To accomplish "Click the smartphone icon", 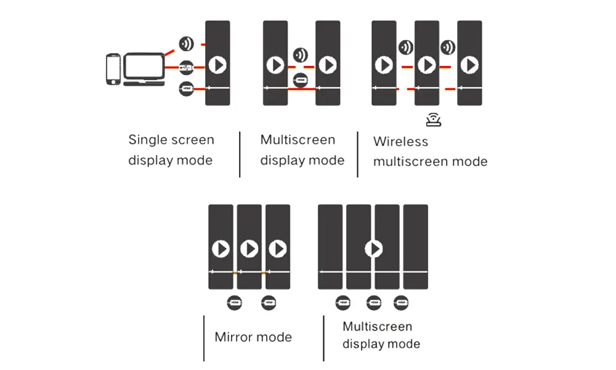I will [113, 68].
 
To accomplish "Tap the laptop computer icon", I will [144, 69].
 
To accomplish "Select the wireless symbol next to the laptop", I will [186, 44].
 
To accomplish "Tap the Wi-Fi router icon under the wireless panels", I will [434, 120].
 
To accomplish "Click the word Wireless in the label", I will [400, 142].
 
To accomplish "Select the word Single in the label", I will [146, 141].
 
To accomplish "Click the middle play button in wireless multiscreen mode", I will [427, 65].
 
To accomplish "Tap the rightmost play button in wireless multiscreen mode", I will [470, 65].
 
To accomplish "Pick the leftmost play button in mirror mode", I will [221, 249].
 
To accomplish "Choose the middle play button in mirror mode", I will [249, 249].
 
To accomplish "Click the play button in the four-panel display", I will [373, 249].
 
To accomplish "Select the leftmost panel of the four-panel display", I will [330, 247].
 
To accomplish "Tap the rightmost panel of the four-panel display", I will [415, 247].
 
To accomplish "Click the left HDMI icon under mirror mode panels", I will [235, 303].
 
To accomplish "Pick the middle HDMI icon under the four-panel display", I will [373, 303].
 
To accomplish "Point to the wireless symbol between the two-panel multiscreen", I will [301, 54].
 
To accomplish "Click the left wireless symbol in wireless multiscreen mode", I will [405, 47].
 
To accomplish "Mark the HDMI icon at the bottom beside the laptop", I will [186, 89].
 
